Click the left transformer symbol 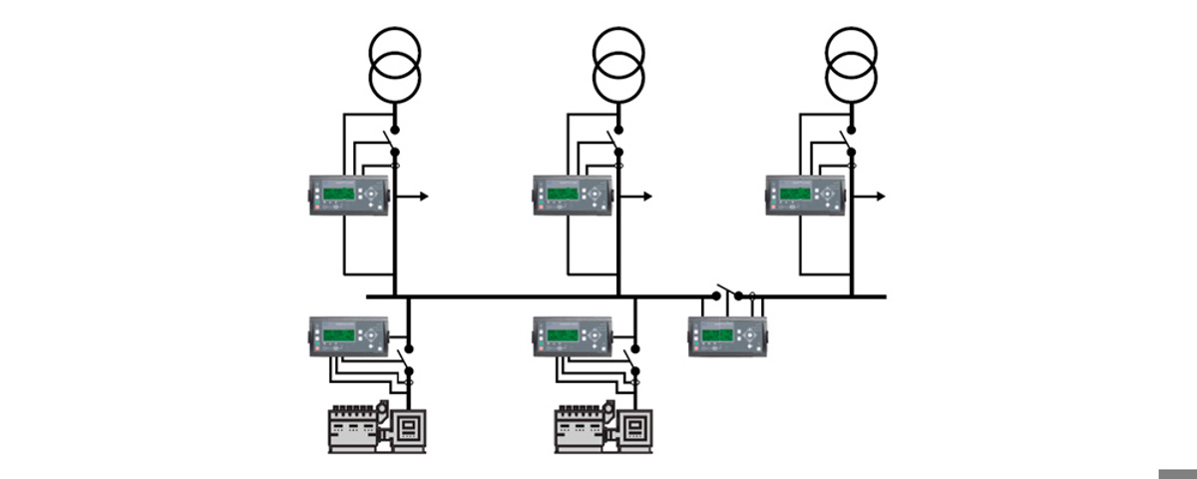[395, 62]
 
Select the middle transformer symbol [618, 62]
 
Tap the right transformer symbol [852, 62]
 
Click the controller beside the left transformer [347, 195]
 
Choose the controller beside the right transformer [806, 195]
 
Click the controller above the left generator [347, 336]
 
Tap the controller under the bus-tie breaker [727, 335]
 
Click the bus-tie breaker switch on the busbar [726, 291]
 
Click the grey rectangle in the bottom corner [1177, 473]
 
